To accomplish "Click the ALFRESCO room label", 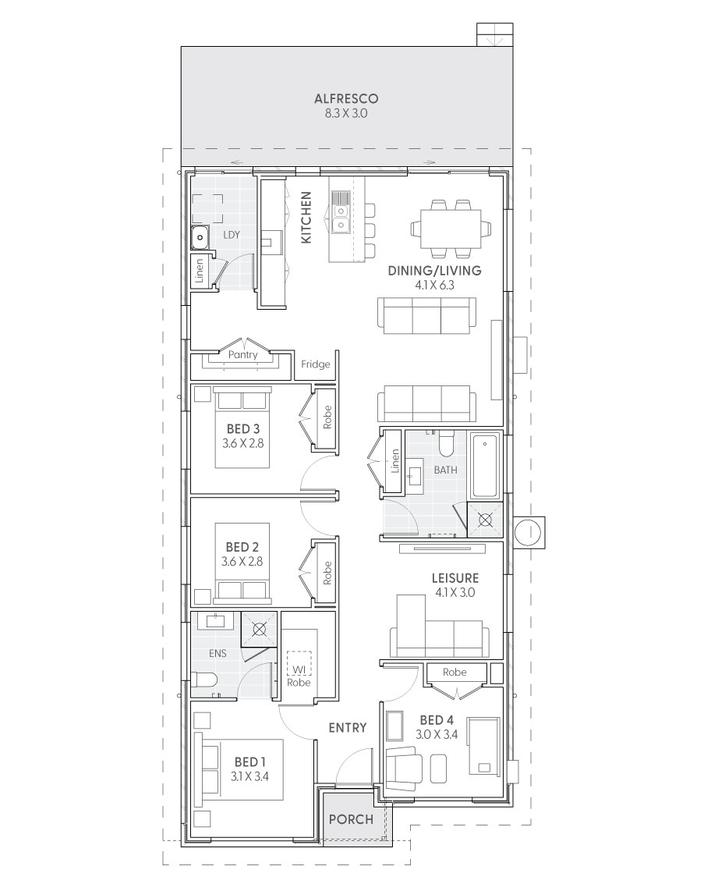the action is click(x=346, y=98).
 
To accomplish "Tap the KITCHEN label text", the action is click(x=306, y=217).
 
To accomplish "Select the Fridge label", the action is click(x=315, y=364).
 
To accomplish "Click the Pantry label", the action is click(x=242, y=354).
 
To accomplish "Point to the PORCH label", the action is click(x=351, y=819).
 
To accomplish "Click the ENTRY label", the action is click(x=348, y=727).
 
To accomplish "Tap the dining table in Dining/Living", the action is click(x=451, y=229).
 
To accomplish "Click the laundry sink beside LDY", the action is click(x=200, y=237).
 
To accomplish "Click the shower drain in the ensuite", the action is click(x=259, y=629).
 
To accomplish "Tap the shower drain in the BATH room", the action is click(x=484, y=520).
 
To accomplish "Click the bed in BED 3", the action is click(x=242, y=427).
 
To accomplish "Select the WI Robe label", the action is click(x=299, y=676).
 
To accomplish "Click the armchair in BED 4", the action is click(x=404, y=767).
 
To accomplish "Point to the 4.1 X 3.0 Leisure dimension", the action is click(x=455, y=593).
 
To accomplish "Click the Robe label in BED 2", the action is click(x=327, y=573).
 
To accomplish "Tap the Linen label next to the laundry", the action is click(x=199, y=272).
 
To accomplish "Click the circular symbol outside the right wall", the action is click(x=529, y=532).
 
